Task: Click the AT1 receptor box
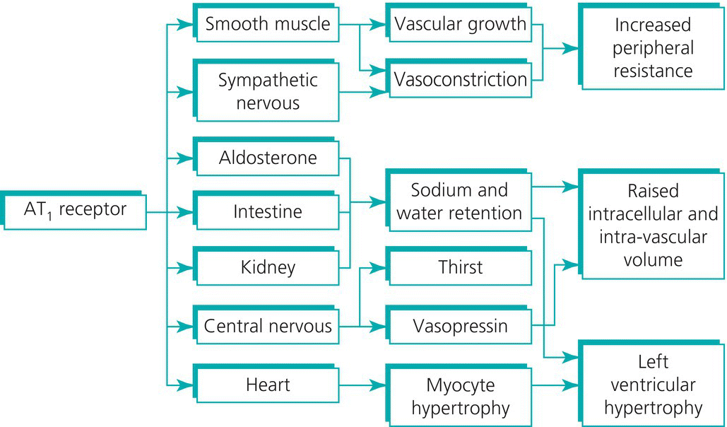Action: click(73, 210)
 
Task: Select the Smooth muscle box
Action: click(267, 25)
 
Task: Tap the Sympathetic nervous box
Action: click(267, 91)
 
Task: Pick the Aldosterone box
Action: click(267, 158)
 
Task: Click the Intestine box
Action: click(267, 211)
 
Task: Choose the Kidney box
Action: click(267, 268)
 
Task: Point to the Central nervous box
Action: click(267, 327)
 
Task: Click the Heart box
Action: click(267, 385)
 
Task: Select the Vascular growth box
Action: click(460, 25)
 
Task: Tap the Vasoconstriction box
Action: click(460, 79)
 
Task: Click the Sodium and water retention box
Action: click(459, 201)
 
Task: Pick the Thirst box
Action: click(460, 267)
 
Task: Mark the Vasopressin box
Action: click(460, 327)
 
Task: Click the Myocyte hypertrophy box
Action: click(460, 396)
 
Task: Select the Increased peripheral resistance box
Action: click(653, 48)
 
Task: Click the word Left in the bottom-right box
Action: click(653, 363)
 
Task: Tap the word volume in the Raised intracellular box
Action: click(653, 259)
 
